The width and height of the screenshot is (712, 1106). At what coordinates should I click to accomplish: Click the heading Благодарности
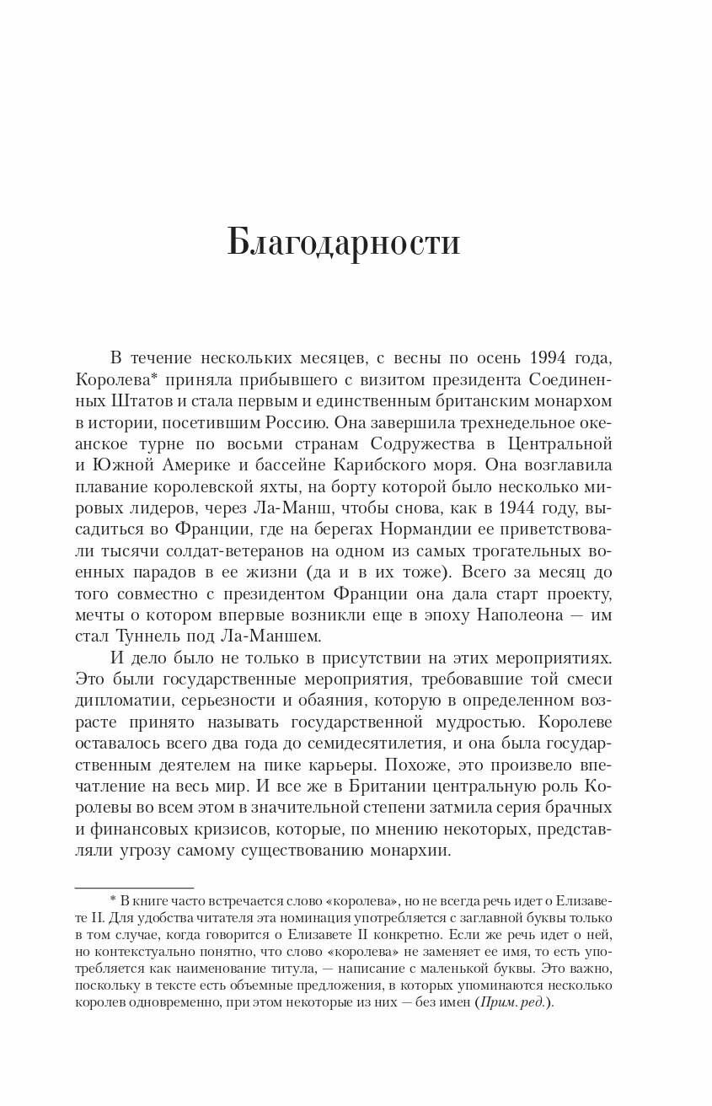344,243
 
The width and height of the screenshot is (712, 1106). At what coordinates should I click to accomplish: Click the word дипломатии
119,701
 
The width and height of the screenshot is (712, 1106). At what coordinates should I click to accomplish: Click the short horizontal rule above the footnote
134,888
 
